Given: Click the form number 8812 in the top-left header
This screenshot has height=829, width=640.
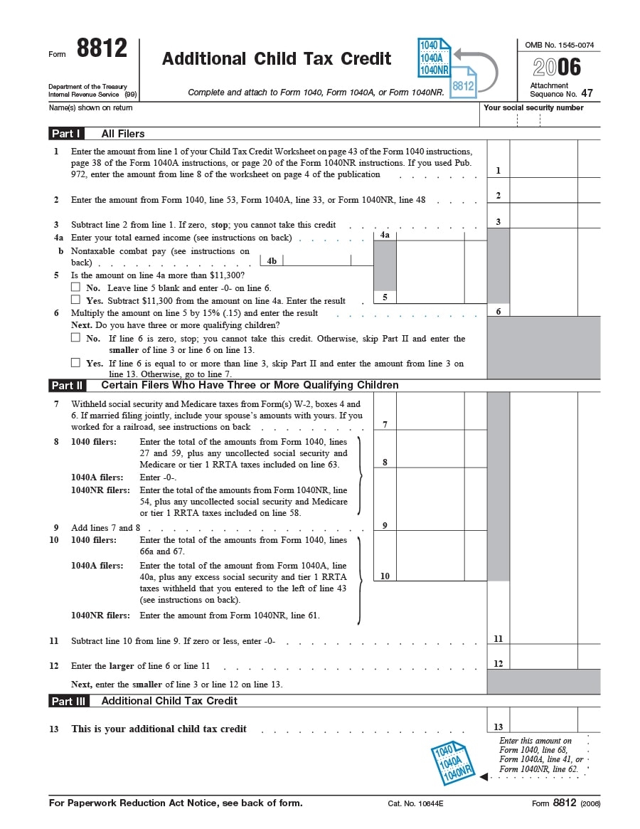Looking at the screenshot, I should coord(102,49).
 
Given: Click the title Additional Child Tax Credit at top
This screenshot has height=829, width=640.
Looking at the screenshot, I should coord(277,59).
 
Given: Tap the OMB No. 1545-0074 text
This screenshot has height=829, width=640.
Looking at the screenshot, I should coord(559,45).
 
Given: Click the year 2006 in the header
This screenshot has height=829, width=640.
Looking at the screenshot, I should coord(558,68).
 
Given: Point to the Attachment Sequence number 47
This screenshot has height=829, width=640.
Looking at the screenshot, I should coord(587,93).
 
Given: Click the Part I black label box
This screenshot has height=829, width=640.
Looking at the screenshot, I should coord(67,133).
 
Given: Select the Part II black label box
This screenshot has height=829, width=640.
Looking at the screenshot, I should coord(68,385).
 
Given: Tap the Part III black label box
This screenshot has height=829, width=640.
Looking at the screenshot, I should coord(69,701).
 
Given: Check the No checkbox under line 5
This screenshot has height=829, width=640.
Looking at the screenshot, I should coord(75,287).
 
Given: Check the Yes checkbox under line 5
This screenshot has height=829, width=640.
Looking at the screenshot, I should coord(75,300).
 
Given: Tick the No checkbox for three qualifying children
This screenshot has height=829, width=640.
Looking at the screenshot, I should coord(75,338).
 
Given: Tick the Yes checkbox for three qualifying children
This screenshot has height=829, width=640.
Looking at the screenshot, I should coord(75,362).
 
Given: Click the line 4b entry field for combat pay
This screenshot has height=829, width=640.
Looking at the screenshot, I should coord(327,260).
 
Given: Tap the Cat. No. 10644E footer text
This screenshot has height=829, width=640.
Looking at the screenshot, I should coord(415,803).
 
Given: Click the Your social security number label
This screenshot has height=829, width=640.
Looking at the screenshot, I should coord(533,108).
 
